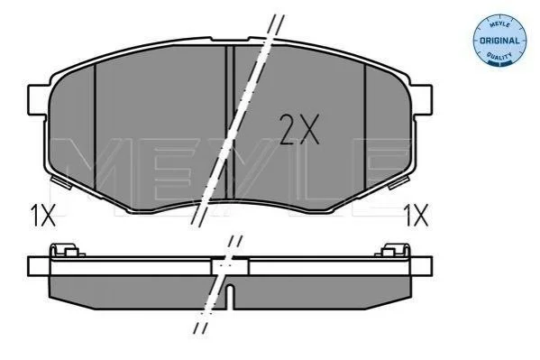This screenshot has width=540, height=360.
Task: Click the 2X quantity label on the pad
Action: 299,129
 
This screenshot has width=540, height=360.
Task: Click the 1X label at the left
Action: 43,215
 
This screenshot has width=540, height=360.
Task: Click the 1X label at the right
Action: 416,215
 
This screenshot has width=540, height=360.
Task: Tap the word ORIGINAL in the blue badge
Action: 499,41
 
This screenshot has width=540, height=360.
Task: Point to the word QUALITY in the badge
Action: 499,56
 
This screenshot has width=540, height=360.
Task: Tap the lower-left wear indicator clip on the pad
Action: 61,181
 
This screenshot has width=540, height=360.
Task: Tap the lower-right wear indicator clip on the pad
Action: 398,181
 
